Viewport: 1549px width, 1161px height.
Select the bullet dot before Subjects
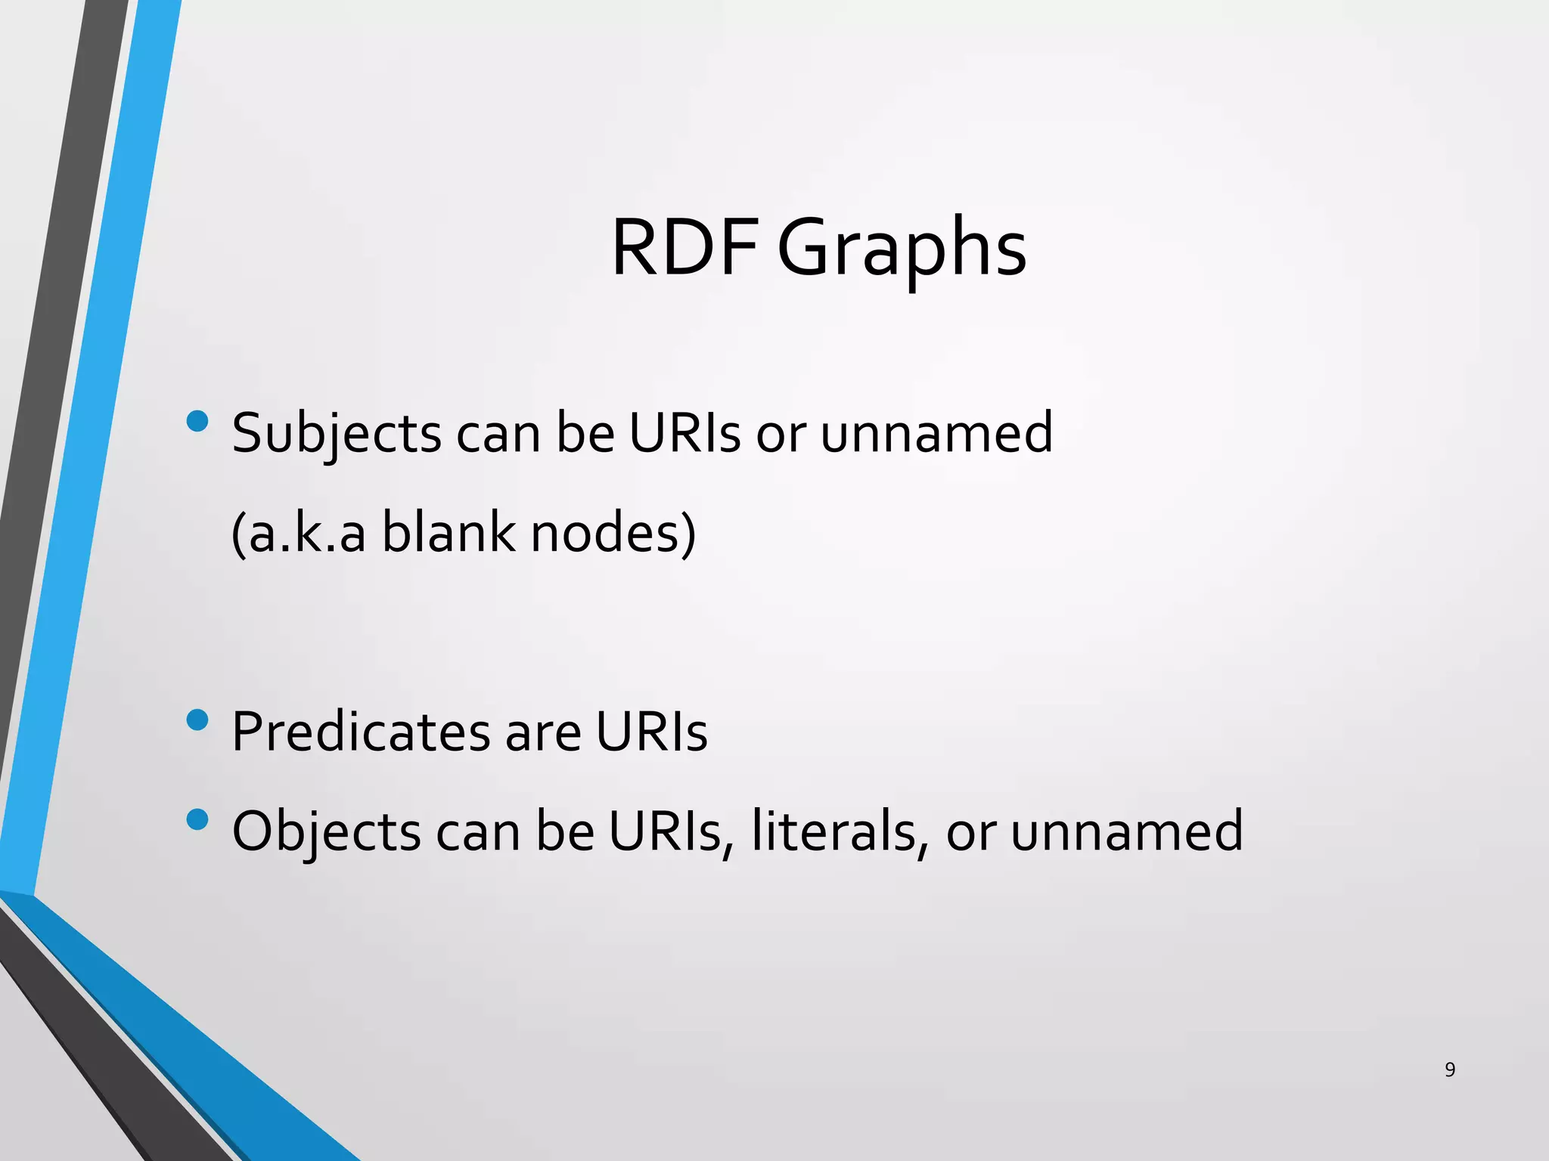[197, 421]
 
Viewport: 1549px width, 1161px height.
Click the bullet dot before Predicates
[197, 720]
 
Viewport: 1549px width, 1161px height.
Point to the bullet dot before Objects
[197, 819]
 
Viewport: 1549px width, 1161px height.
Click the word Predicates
[361, 732]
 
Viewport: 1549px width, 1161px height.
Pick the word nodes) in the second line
[613, 534]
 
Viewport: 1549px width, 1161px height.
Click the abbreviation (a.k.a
[299, 534]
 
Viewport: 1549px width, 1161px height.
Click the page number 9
[1450, 1070]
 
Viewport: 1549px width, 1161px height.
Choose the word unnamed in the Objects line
[1127, 831]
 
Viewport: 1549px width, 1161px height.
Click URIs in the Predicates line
[651, 732]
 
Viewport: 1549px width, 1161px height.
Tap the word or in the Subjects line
[781, 434]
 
